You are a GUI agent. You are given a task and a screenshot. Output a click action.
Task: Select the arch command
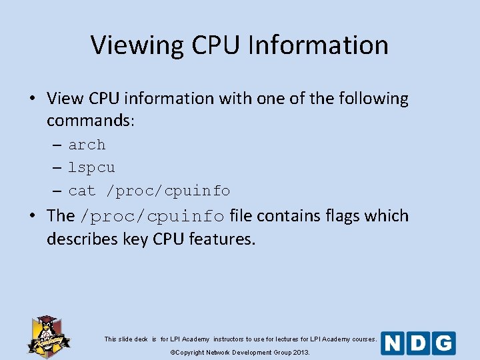tap(87, 145)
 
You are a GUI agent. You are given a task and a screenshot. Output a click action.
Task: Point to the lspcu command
tap(91, 168)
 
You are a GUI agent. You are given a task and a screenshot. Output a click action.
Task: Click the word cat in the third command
tap(82, 191)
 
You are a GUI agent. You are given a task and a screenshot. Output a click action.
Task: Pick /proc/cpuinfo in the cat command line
tap(173, 191)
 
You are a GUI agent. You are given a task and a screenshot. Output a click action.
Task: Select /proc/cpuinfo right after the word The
tap(151, 217)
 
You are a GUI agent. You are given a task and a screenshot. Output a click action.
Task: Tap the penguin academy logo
tap(48, 335)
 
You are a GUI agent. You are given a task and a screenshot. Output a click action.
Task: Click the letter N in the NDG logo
tap(393, 343)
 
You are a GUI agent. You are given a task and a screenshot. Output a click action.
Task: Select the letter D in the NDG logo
tap(418, 343)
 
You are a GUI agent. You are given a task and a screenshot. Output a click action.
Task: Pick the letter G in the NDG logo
tap(443, 343)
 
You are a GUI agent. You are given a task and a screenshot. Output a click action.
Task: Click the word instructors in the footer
tap(228, 339)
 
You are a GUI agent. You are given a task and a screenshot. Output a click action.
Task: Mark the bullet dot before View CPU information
tap(32, 99)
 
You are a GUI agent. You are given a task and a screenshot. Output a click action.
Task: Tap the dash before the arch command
tap(57, 145)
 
